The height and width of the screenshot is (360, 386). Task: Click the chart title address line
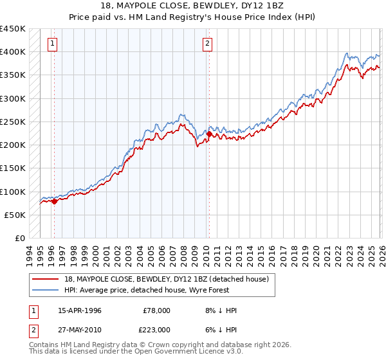pyautogui.click(x=193, y=5)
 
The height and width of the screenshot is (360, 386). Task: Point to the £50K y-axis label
pyautogui.click(x=15, y=215)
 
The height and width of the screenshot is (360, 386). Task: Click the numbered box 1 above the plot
pyautogui.click(x=52, y=44)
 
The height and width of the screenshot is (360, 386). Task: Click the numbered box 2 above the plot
pyautogui.click(x=207, y=44)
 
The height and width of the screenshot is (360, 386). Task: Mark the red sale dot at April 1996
pyautogui.click(x=54, y=201)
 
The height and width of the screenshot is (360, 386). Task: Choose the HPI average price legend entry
pyautogui.click(x=142, y=290)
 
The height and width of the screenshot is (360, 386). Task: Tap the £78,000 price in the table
pyautogui.click(x=156, y=310)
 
